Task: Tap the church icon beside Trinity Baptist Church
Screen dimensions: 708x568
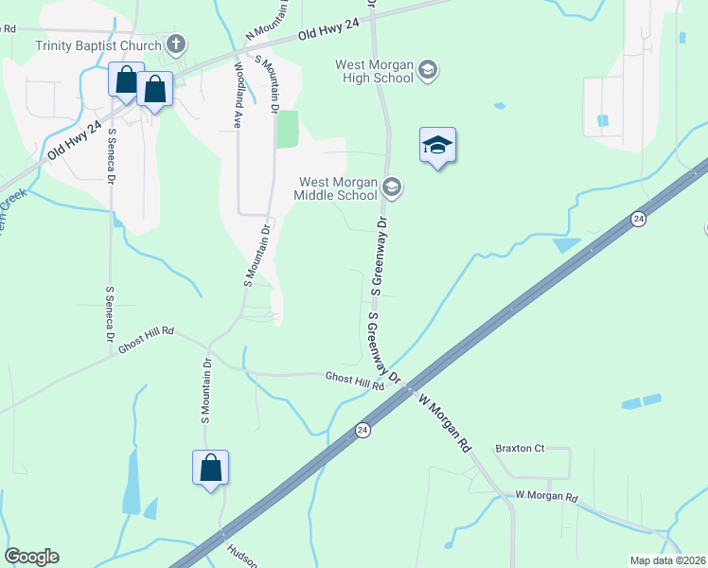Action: [x=175, y=44]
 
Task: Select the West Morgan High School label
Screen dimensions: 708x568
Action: [x=375, y=71]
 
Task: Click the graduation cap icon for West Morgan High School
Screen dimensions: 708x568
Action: [x=428, y=70]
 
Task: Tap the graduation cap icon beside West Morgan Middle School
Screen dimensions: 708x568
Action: [x=393, y=187]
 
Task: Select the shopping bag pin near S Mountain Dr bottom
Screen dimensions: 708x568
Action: [x=210, y=468]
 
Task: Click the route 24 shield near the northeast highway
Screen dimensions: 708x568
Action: [x=638, y=219]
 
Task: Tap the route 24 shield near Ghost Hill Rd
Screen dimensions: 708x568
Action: [x=363, y=430]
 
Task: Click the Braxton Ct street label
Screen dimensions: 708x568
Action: [x=521, y=448]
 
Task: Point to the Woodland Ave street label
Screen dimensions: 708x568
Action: [x=238, y=95]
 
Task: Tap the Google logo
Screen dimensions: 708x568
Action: [x=31, y=557]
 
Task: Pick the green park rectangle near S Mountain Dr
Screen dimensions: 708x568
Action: [x=287, y=130]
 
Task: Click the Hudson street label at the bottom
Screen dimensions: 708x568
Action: [x=242, y=554]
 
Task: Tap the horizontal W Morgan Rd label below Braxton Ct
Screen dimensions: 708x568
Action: [x=546, y=496]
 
